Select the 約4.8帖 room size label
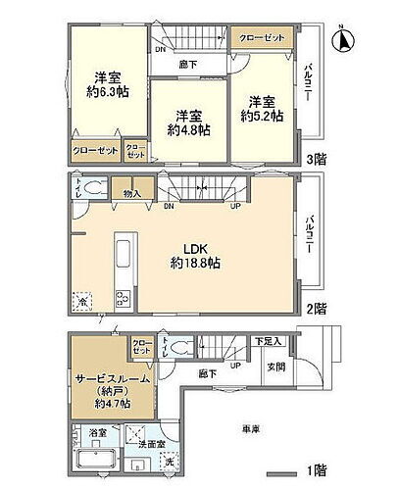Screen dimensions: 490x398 click(x=183, y=129)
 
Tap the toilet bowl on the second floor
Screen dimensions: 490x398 click(x=96, y=188)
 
